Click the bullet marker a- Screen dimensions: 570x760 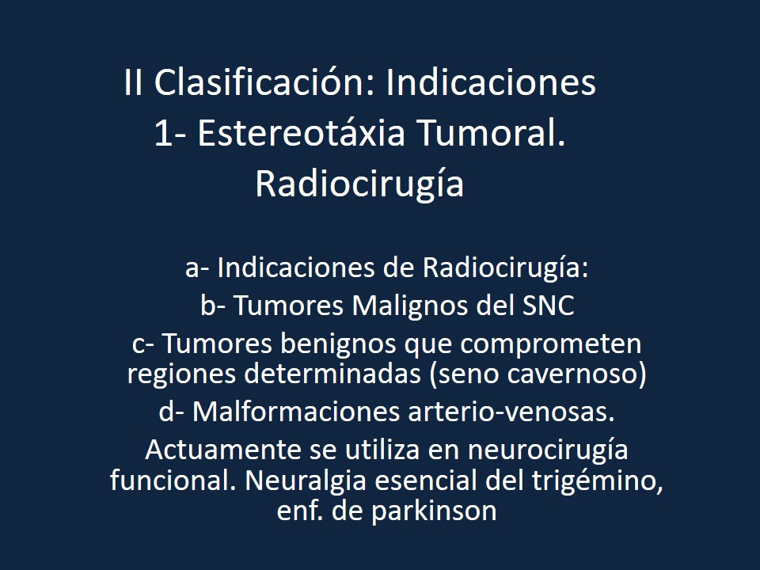197,268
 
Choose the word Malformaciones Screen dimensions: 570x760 302,412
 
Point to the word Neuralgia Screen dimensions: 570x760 299,481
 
